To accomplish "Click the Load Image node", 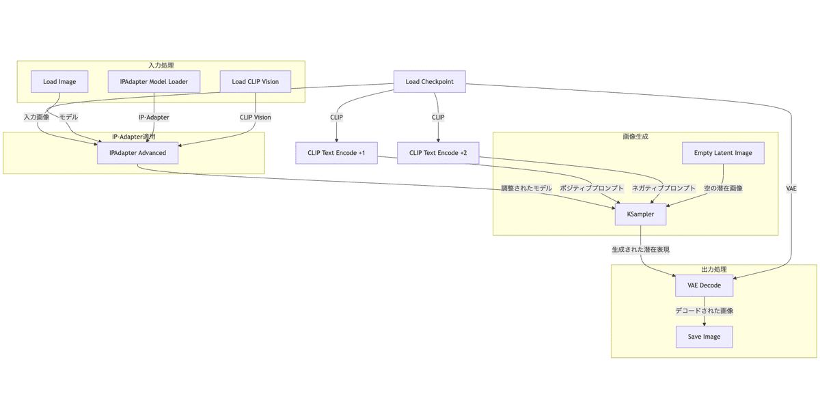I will click(59, 82).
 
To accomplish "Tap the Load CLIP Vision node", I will click(255, 82).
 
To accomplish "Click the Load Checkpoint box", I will click(429, 82).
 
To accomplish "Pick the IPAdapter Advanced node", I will click(137, 153).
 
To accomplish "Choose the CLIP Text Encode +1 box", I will click(336, 153).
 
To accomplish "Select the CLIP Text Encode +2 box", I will click(438, 153).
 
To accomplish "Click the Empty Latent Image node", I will click(723, 153).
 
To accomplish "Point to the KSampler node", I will click(640, 214).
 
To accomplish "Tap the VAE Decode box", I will click(704, 285).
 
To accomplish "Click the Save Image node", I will click(704, 337).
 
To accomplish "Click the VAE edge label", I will click(791, 188).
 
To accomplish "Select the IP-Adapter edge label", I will click(154, 117).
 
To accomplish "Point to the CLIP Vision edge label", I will click(256, 117).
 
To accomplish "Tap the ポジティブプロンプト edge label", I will click(592, 188).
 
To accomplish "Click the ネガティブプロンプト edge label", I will click(663, 188).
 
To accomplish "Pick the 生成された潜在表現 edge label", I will click(640, 250).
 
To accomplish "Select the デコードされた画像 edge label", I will click(704, 311).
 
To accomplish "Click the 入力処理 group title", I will click(161, 66).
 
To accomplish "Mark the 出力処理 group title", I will click(713, 270).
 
